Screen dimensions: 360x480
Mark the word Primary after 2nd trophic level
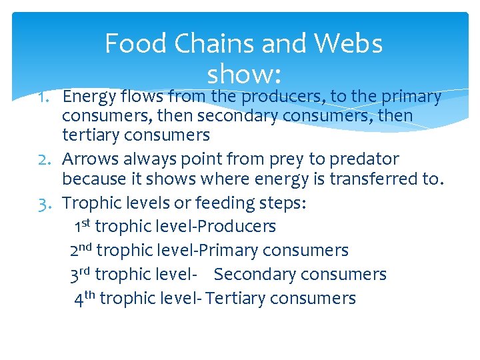coord(227,251)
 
